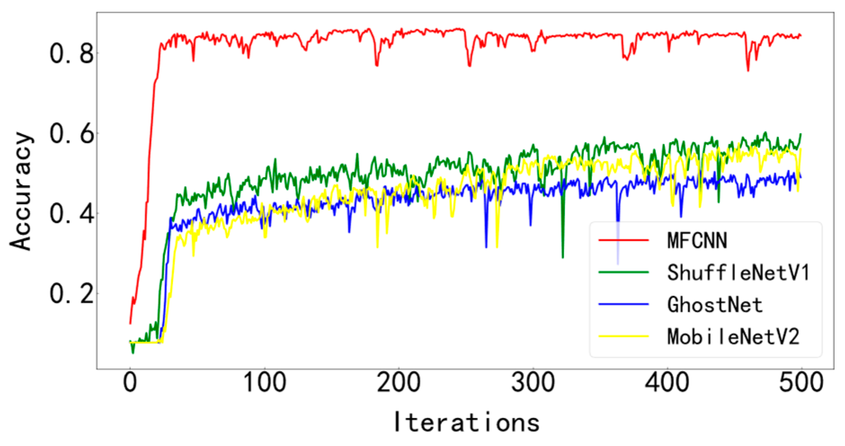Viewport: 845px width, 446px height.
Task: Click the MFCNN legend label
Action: tap(697, 241)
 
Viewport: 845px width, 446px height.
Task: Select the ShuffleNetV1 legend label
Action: tap(738, 273)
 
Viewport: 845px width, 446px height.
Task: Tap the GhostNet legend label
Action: tap(715, 305)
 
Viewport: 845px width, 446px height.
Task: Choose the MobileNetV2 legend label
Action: tap(734, 337)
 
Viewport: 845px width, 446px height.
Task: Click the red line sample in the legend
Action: tap(624, 241)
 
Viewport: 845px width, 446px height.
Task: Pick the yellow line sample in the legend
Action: tap(624, 336)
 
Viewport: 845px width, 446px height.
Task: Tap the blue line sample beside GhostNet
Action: tap(624, 305)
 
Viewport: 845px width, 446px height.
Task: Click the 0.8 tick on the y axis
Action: tap(72, 54)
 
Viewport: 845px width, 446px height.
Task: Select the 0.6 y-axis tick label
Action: tap(72, 134)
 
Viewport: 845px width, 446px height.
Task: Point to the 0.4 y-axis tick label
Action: tap(72, 214)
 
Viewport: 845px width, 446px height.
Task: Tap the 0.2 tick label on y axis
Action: tap(72, 294)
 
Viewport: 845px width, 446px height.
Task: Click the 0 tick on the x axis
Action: tap(130, 383)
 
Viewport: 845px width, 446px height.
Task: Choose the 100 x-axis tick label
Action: tap(265, 383)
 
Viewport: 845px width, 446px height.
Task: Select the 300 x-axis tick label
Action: tap(533, 383)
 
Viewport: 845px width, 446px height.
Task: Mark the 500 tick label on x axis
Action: tap(801, 383)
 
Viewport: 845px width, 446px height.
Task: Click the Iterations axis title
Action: tap(466, 422)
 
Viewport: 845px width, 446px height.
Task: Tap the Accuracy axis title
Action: tap(21, 191)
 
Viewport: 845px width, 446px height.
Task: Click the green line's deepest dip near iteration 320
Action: tap(563, 257)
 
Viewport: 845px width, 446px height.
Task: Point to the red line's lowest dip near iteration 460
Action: tap(748, 70)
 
